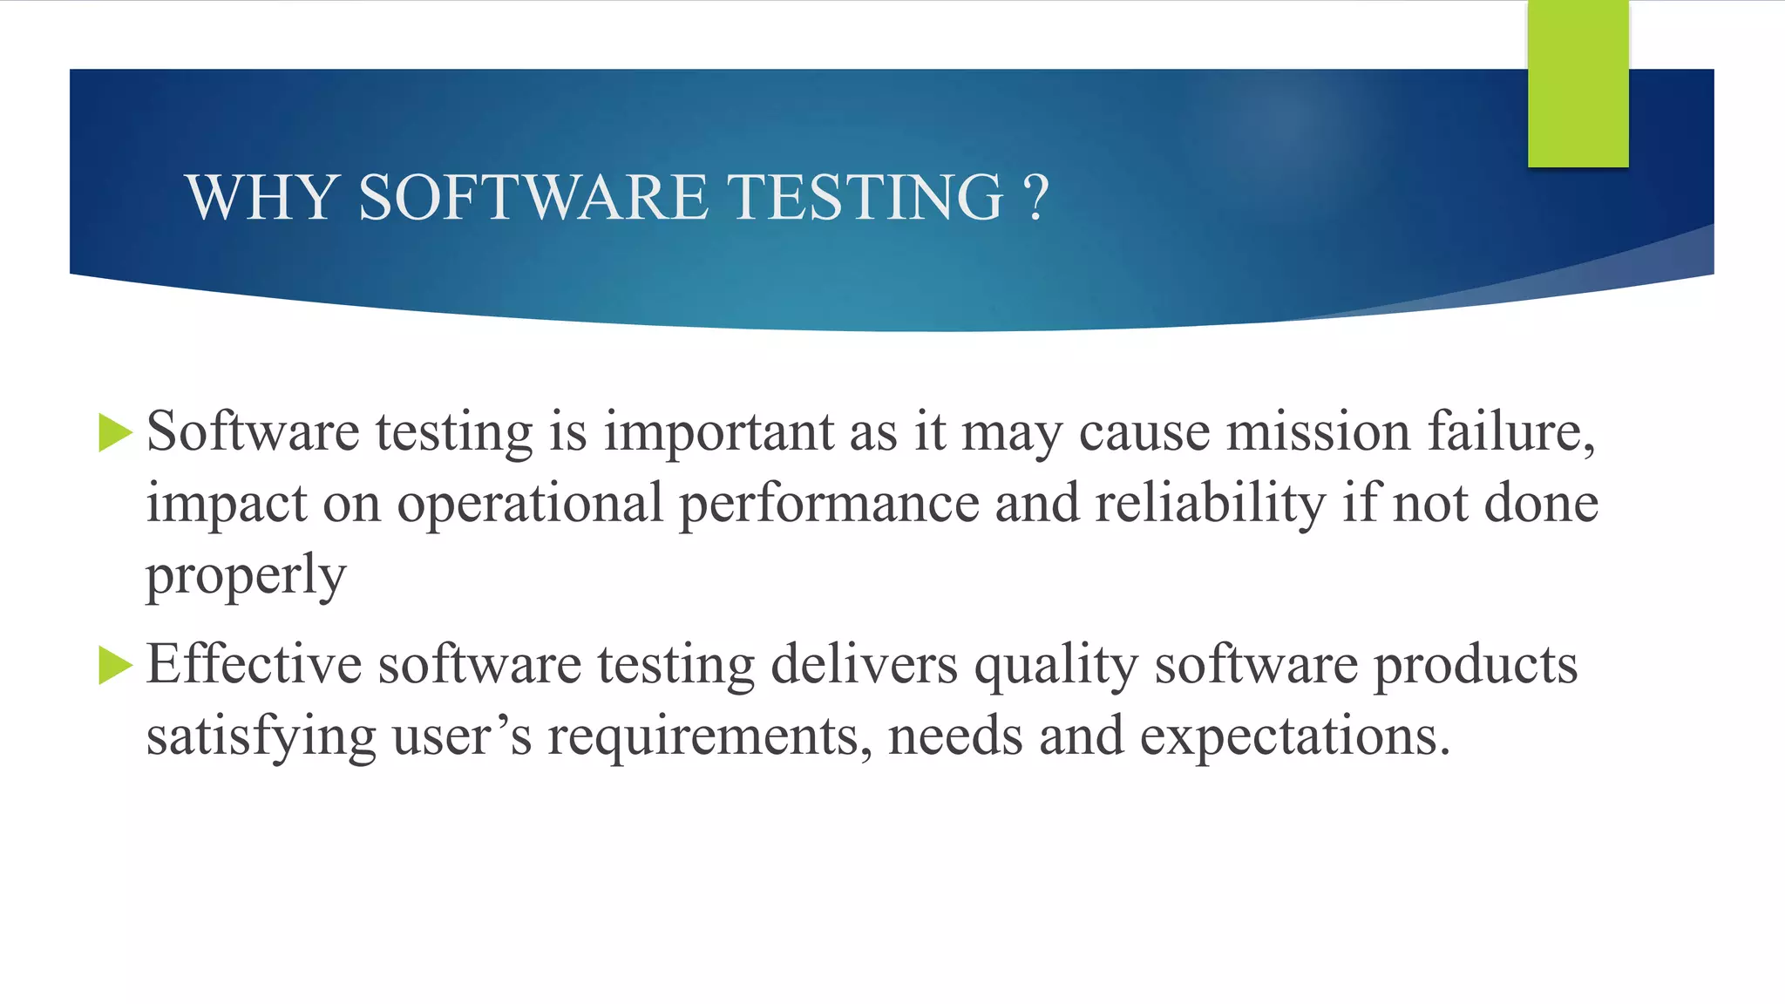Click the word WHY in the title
point(261,197)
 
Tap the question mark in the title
point(1035,197)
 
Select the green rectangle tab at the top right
point(1578,84)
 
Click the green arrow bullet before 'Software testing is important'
point(115,433)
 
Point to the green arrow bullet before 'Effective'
point(115,666)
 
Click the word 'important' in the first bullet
point(719,432)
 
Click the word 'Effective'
point(254,665)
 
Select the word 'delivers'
point(865,665)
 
